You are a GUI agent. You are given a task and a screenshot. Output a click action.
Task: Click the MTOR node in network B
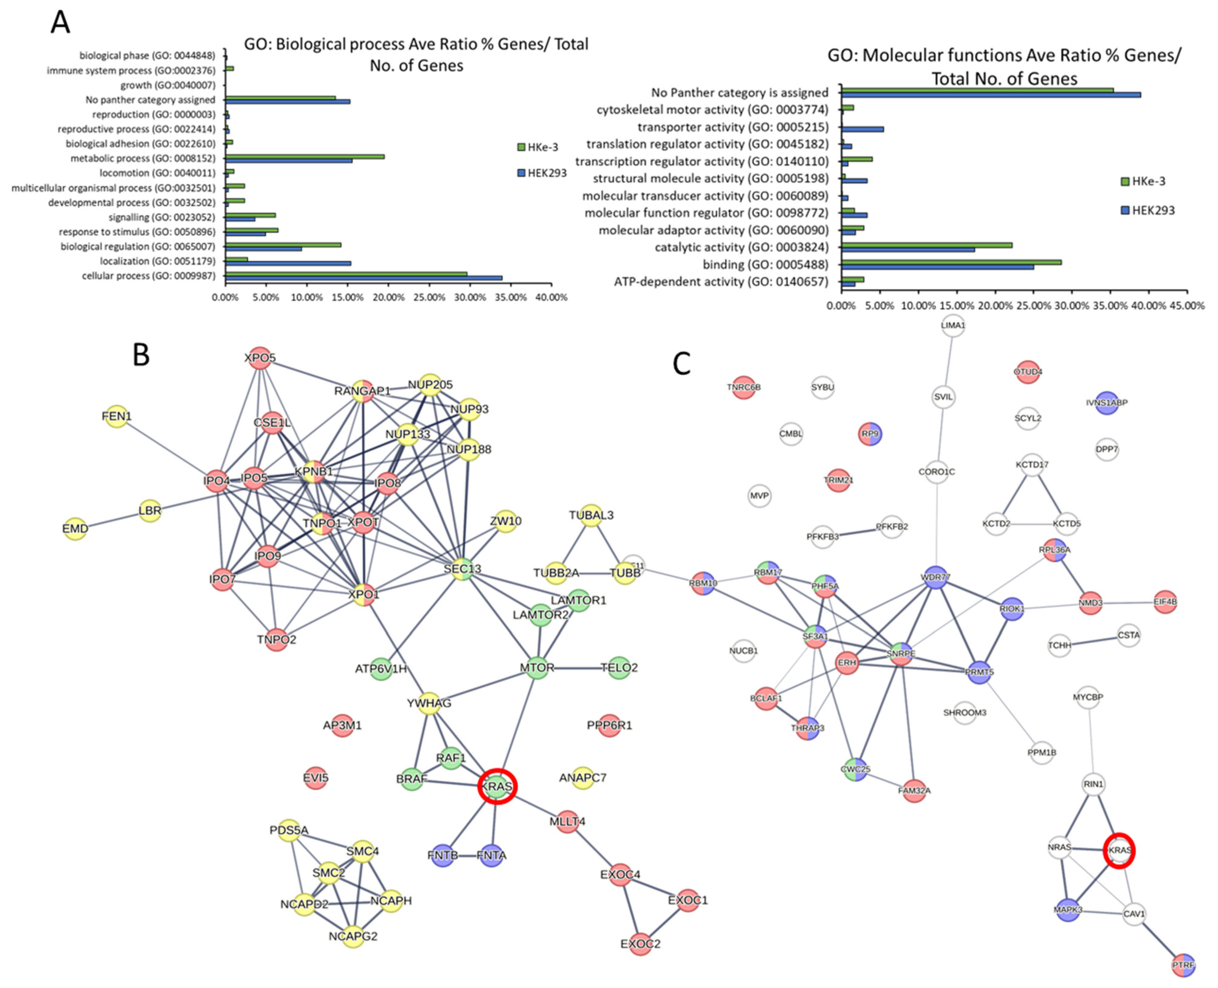click(x=537, y=668)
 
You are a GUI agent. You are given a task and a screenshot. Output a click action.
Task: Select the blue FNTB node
click(x=442, y=856)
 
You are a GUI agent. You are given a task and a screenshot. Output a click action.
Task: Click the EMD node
click(x=75, y=529)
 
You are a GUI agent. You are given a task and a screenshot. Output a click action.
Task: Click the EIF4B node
click(x=1165, y=601)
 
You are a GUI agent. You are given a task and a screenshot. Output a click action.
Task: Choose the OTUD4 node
click(x=1027, y=372)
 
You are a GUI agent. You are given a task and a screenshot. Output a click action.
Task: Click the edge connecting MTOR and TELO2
click(x=578, y=668)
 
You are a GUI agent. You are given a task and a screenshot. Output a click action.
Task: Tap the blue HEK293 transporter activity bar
click(x=862, y=129)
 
